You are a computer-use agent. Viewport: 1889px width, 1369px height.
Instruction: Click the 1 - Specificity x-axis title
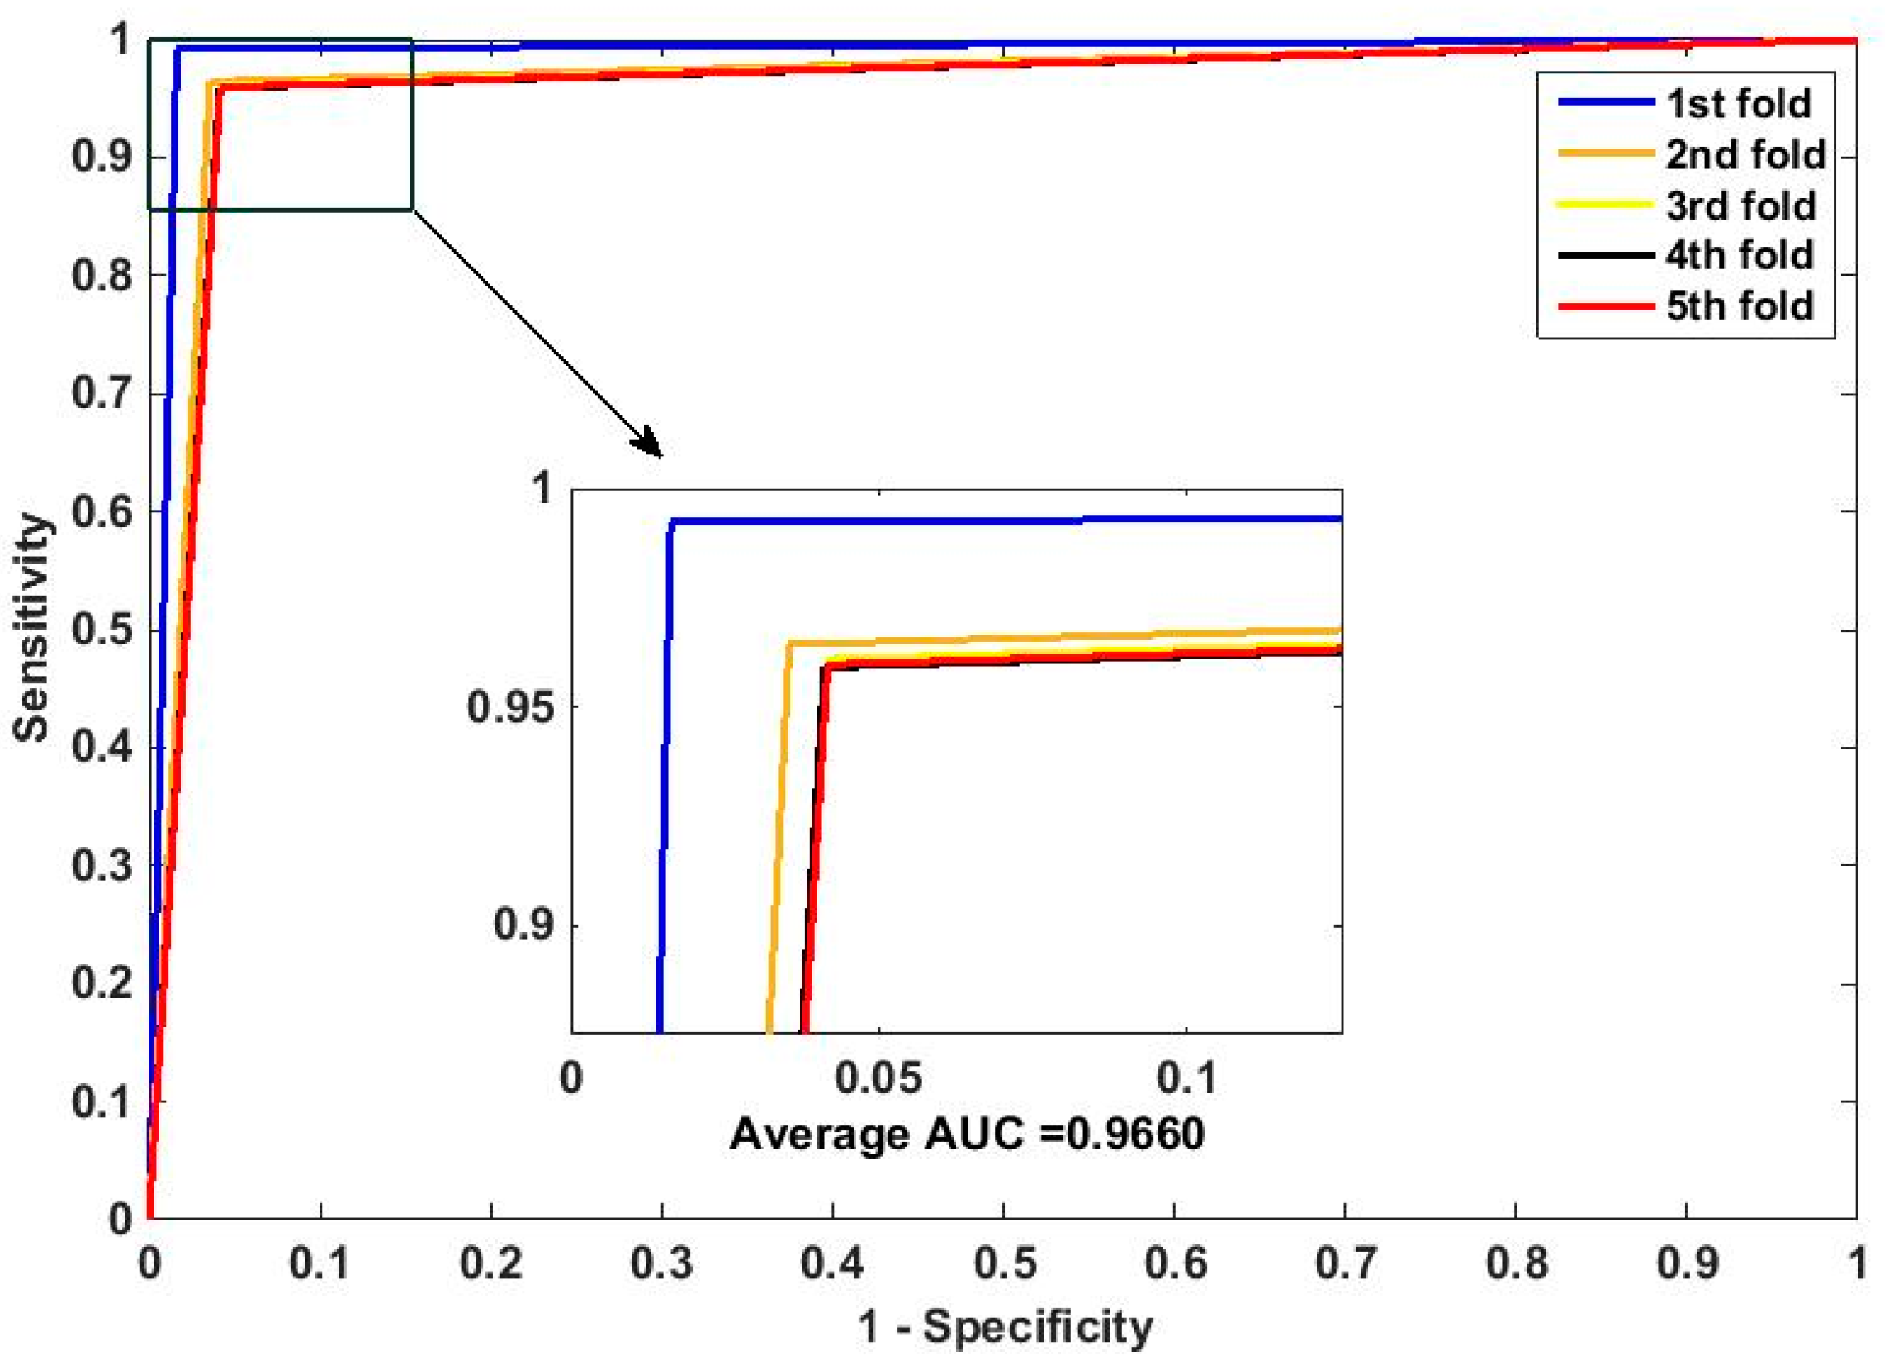1006,1326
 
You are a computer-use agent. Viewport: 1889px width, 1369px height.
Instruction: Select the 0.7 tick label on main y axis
102,393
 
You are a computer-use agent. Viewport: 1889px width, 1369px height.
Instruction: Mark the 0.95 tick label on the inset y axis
509,707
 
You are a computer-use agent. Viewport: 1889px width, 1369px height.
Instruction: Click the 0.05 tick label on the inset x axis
878,1079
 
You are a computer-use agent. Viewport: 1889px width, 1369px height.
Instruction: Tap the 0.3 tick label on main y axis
102,866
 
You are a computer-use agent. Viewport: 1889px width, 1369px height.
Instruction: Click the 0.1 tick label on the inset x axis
1186,1079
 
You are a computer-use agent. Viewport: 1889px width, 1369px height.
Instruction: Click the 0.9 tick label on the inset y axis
523,924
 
